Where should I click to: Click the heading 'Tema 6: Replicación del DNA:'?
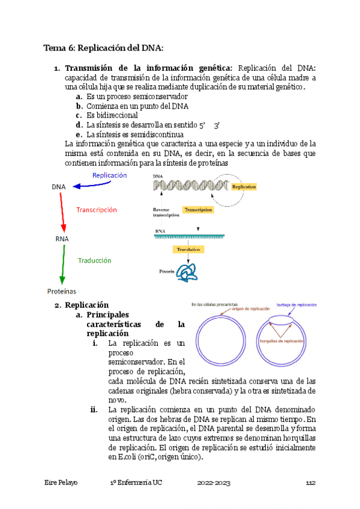104,47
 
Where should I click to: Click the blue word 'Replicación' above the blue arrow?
109,175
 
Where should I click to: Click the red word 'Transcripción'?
97,210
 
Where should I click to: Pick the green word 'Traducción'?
94,261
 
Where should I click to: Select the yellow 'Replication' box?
244,187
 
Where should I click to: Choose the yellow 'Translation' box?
188,248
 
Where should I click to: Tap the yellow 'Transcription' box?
199,210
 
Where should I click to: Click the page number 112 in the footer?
310,483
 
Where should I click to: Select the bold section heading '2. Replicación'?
82,305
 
